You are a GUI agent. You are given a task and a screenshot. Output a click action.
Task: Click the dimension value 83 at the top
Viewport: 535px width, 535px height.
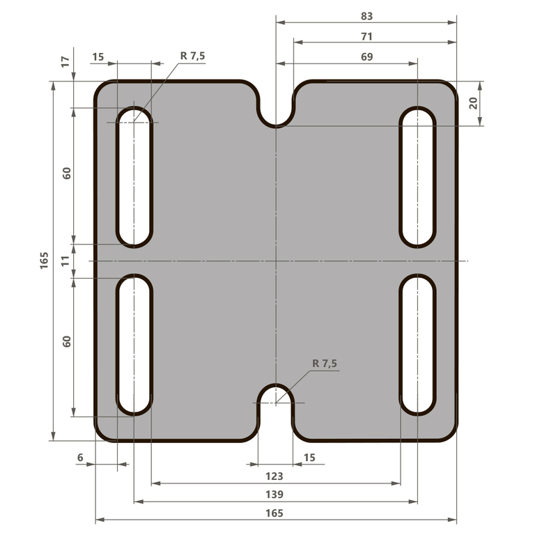[x=367, y=15]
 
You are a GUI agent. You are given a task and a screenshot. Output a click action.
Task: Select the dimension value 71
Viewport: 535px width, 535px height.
[x=367, y=36]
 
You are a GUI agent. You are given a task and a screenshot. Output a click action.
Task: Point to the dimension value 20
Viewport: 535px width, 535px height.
[x=473, y=103]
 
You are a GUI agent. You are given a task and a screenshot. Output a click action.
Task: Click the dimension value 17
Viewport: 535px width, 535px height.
[x=66, y=62]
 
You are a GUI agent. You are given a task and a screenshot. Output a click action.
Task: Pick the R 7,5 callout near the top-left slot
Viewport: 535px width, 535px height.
[x=192, y=56]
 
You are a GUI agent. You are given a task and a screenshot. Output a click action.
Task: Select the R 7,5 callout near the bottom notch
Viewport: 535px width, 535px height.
[x=325, y=364]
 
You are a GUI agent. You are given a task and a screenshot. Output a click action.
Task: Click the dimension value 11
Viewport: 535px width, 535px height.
[x=66, y=261]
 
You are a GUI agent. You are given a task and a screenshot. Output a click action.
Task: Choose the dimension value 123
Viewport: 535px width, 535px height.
[x=275, y=476]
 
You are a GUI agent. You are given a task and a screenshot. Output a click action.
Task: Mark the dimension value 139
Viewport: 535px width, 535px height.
[x=275, y=495]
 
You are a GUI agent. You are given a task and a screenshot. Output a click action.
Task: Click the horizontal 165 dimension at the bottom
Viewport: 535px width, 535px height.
[x=275, y=513]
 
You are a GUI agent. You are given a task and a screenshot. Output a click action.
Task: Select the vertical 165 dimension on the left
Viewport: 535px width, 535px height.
[x=44, y=261]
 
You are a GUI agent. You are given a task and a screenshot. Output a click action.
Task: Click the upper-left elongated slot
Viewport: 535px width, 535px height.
[x=134, y=177]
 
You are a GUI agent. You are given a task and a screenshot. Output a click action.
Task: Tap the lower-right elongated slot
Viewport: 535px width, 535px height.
[x=417, y=345]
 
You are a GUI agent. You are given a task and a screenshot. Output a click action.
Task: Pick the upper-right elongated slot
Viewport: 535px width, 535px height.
[x=417, y=177]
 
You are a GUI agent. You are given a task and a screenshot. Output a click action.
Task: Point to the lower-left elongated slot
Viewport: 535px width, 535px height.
[x=134, y=345]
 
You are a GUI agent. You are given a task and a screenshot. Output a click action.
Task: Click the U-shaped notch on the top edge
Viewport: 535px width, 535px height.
[x=277, y=108]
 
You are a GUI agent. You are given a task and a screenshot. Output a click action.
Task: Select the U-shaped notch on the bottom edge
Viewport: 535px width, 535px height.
[x=277, y=411]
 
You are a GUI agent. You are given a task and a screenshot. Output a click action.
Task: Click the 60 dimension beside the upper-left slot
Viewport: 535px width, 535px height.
[x=66, y=173]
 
